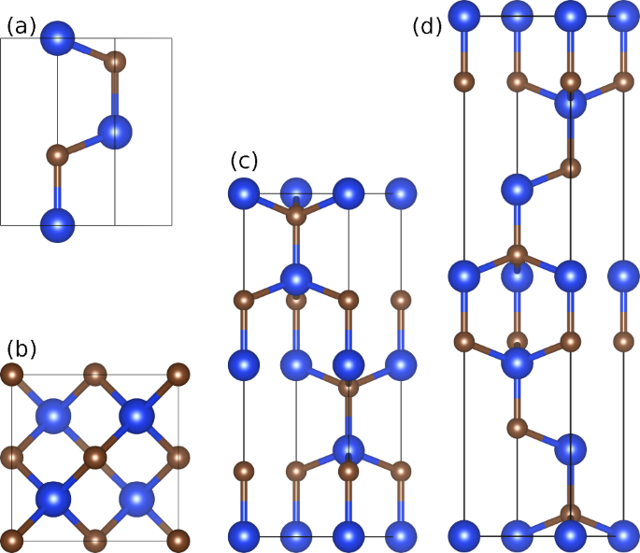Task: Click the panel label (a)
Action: pyautogui.click(x=21, y=26)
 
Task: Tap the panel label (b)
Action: pyautogui.click(x=21, y=349)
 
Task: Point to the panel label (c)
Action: pyautogui.click(x=243, y=161)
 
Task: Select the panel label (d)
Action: pyautogui.click(x=426, y=26)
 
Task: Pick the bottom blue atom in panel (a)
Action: pyautogui.click(x=58, y=225)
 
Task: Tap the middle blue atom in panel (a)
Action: pyautogui.click(x=115, y=133)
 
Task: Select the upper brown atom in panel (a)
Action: pyautogui.click(x=115, y=64)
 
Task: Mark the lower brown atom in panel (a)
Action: pyautogui.click(x=57, y=151)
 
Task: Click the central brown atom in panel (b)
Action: pyautogui.click(x=94, y=458)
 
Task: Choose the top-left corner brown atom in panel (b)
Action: pyautogui.click(x=12, y=376)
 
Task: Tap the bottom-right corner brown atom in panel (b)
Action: pyautogui.click(x=178, y=539)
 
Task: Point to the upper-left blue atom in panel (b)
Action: pyautogui.click(x=53, y=415)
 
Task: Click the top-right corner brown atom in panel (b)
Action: pyautogui.click(x=178, y=376)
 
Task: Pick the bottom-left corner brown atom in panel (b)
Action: pyautogui.click(x=12, y=539)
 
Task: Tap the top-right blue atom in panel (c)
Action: pyautogui.click(x=402, y=194)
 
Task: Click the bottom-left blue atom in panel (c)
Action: pyautogui.click(x=244, y=536)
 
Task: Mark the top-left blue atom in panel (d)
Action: pyautogui.click(x=464, y=15)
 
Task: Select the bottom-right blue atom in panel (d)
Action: pyautogui.click(x=623, y=536)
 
